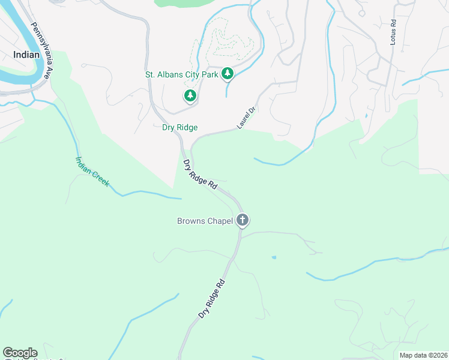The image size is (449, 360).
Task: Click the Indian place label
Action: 26,55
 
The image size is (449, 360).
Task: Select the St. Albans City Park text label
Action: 181,75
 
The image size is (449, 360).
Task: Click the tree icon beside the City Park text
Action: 227,73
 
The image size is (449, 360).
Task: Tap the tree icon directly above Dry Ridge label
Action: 190,95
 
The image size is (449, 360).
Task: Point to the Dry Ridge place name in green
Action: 179,127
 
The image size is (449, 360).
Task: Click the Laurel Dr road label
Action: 246,118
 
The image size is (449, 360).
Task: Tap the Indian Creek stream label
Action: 92,171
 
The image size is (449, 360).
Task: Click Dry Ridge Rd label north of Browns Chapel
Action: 200,175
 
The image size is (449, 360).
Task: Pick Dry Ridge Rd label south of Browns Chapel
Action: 212,299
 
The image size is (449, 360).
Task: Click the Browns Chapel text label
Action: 204,221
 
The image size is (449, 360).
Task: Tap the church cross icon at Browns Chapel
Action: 243,220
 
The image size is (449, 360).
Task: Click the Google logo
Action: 20,353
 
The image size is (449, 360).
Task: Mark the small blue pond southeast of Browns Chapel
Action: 274,257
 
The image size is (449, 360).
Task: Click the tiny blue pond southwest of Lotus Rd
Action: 366,116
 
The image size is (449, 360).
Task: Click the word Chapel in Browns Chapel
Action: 220,221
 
